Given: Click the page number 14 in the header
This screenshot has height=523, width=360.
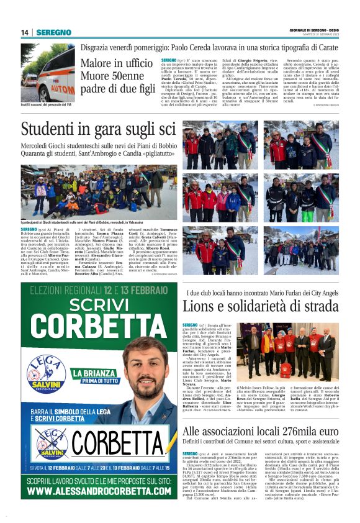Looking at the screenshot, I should click(25, 32).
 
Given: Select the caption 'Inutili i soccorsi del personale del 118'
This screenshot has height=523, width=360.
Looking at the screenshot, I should click(47, 104).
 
